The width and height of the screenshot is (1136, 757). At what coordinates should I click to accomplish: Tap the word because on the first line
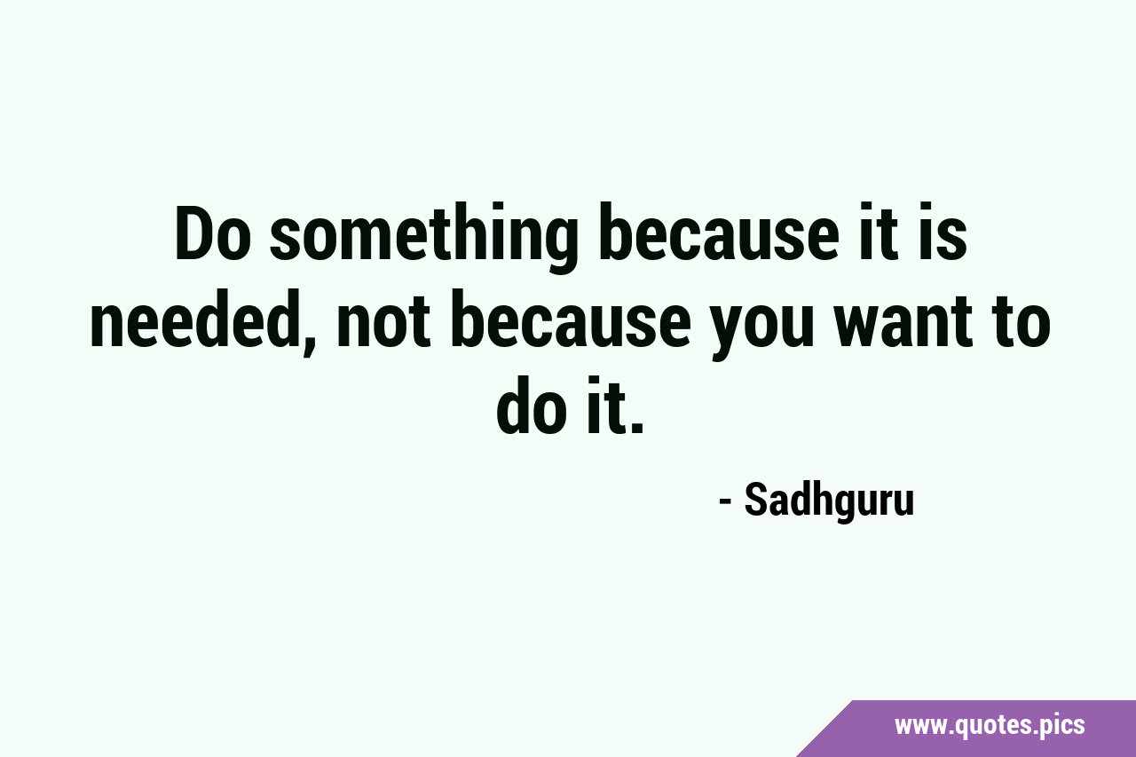pyautogui.click(x=719, y=233)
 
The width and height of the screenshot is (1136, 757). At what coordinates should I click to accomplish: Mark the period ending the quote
pyautogui.click(x=637, y=428)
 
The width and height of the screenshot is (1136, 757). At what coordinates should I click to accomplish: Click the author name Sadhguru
pyautogui.click(x=829, y=501)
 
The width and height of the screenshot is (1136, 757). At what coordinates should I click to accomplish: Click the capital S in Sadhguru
pyautogui.click(x=756, y=500)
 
